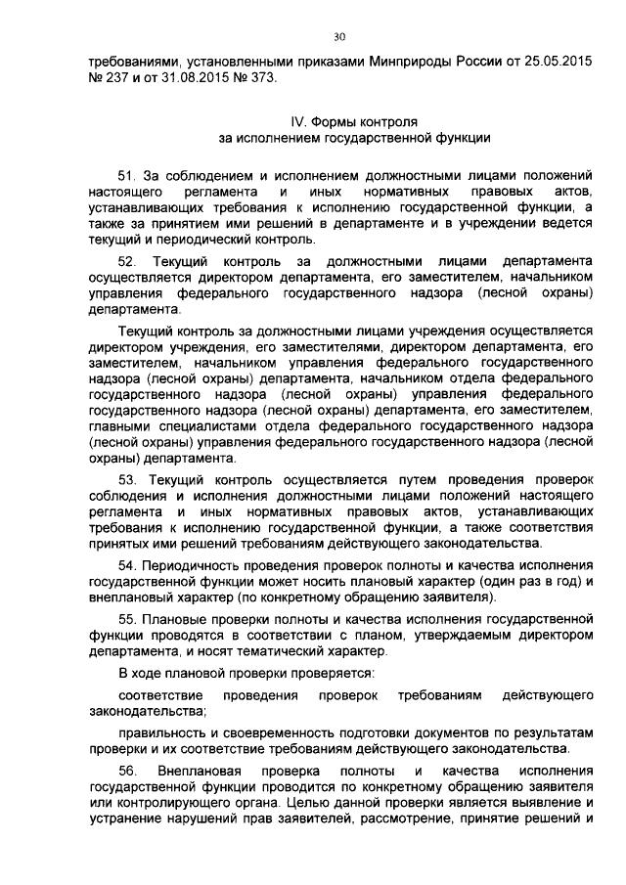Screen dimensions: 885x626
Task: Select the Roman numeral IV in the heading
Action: [299, 122]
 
